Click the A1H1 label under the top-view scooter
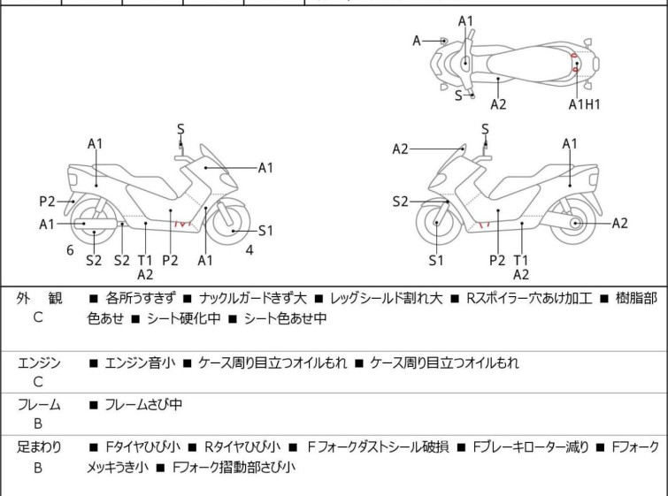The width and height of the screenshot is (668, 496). point(584,103)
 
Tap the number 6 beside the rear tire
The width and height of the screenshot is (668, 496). point(70,250)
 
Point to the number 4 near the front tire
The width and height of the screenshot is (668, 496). point(250,250)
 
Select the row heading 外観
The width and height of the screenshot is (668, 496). point(39,298)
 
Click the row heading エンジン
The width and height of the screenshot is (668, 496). point(39,362)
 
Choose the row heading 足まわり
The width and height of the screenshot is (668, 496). point(39,447)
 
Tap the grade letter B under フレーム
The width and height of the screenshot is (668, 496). point(38,424)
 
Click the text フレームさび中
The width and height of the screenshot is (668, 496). point(143,404)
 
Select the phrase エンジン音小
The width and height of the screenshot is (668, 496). point(140,362)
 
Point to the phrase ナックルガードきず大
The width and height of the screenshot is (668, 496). point(253,298)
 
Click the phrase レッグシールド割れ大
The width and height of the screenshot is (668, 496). point(387,298)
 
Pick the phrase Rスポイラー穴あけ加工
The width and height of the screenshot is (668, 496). point(529,298)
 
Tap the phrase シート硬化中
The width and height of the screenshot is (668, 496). point(184,318)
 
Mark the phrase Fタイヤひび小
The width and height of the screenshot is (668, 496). point(142,447)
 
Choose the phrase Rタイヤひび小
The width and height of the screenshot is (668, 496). point(242,447)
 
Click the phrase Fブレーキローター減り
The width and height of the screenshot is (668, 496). point(531,447)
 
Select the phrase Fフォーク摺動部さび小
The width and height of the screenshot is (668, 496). point(234,467)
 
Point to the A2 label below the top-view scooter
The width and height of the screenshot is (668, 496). point(498,103)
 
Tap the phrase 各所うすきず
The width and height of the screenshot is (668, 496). point(140,298)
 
